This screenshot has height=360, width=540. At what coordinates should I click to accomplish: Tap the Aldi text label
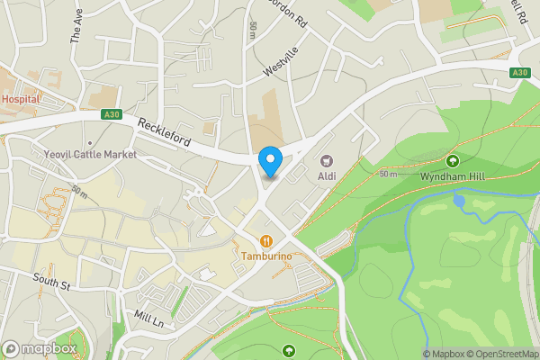326,175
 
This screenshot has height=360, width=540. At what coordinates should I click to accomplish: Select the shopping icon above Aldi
326,161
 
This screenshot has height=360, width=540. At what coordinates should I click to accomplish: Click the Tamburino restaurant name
267,256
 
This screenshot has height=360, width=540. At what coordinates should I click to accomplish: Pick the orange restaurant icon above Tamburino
267,241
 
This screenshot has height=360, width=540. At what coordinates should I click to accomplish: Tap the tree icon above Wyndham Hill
452,161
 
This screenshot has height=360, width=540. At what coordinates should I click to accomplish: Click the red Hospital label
21,99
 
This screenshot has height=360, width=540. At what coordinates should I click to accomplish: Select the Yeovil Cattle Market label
90,155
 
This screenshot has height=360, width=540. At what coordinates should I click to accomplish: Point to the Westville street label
280,62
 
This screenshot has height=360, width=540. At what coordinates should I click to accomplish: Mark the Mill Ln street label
148,318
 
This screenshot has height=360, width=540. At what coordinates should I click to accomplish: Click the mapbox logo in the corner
40,348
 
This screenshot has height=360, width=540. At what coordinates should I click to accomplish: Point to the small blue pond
460,202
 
